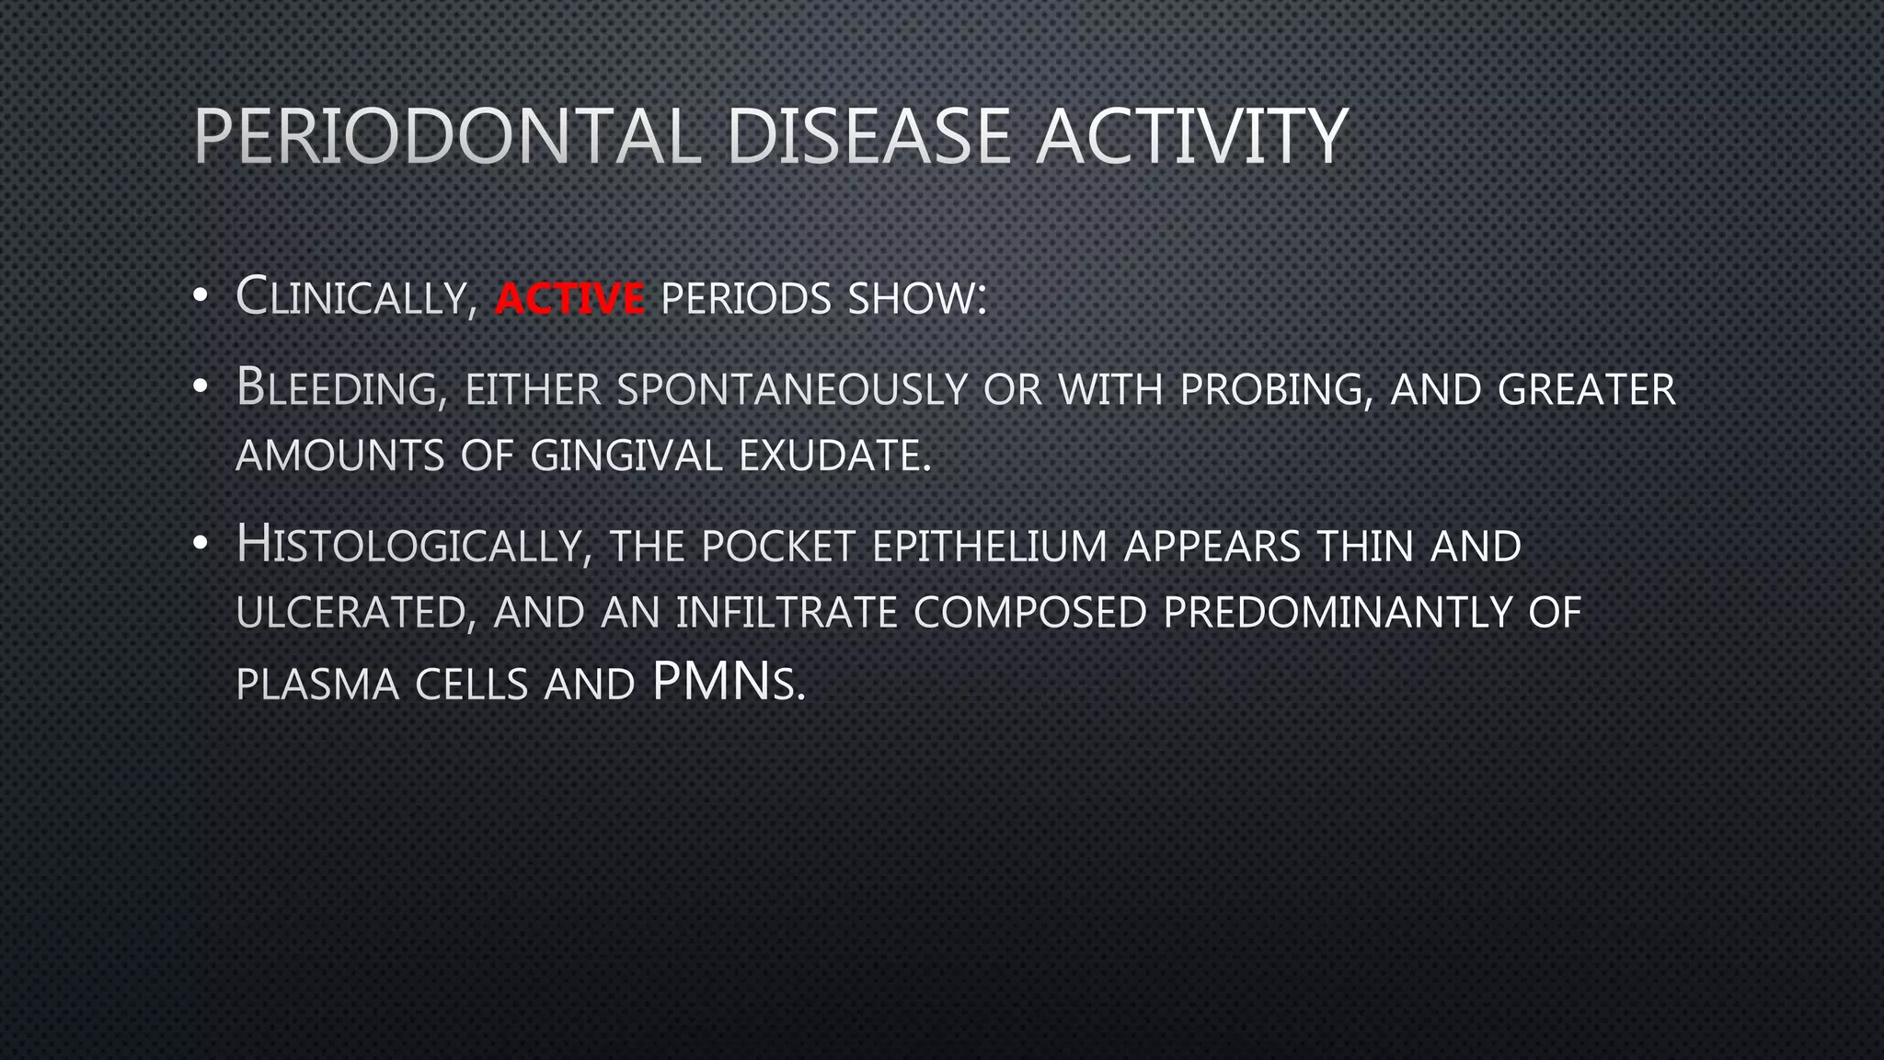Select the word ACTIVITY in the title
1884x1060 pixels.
[x=1191, y=137]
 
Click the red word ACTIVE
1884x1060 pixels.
[x=569, y=299]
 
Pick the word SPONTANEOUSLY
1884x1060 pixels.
[x=792, y=389]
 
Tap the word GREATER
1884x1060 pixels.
[x=1586, y=389]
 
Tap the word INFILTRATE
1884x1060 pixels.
[x=787, y=613]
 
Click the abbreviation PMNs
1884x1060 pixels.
[x=728, y=683]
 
